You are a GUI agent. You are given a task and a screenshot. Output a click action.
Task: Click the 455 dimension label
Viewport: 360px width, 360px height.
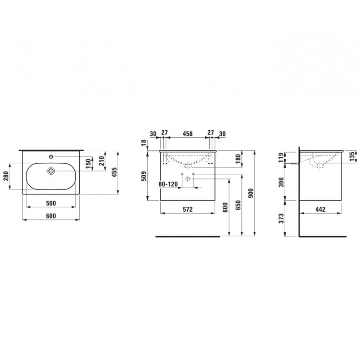tap(114, 172)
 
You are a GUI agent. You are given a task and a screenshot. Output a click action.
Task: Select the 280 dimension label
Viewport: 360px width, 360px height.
tap(6, 176)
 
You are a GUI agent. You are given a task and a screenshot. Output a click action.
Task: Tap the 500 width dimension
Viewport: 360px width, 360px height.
tap(51, 203)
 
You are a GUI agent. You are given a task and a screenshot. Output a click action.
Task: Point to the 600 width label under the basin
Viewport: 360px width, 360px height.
tap(51, 216)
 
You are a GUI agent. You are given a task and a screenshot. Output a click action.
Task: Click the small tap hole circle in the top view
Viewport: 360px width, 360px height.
tap(51, 156)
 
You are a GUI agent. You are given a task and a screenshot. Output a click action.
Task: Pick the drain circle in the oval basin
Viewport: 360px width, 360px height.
tap(51, 171)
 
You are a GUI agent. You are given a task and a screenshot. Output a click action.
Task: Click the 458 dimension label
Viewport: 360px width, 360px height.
tap(188, 133)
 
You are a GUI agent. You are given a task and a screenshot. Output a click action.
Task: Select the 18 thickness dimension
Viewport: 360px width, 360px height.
tap(144, 143)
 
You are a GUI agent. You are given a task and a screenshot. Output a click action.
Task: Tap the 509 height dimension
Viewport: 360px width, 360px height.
tap(144, 176)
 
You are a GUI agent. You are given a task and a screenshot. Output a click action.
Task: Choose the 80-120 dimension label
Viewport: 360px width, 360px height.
tap(168, 184)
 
